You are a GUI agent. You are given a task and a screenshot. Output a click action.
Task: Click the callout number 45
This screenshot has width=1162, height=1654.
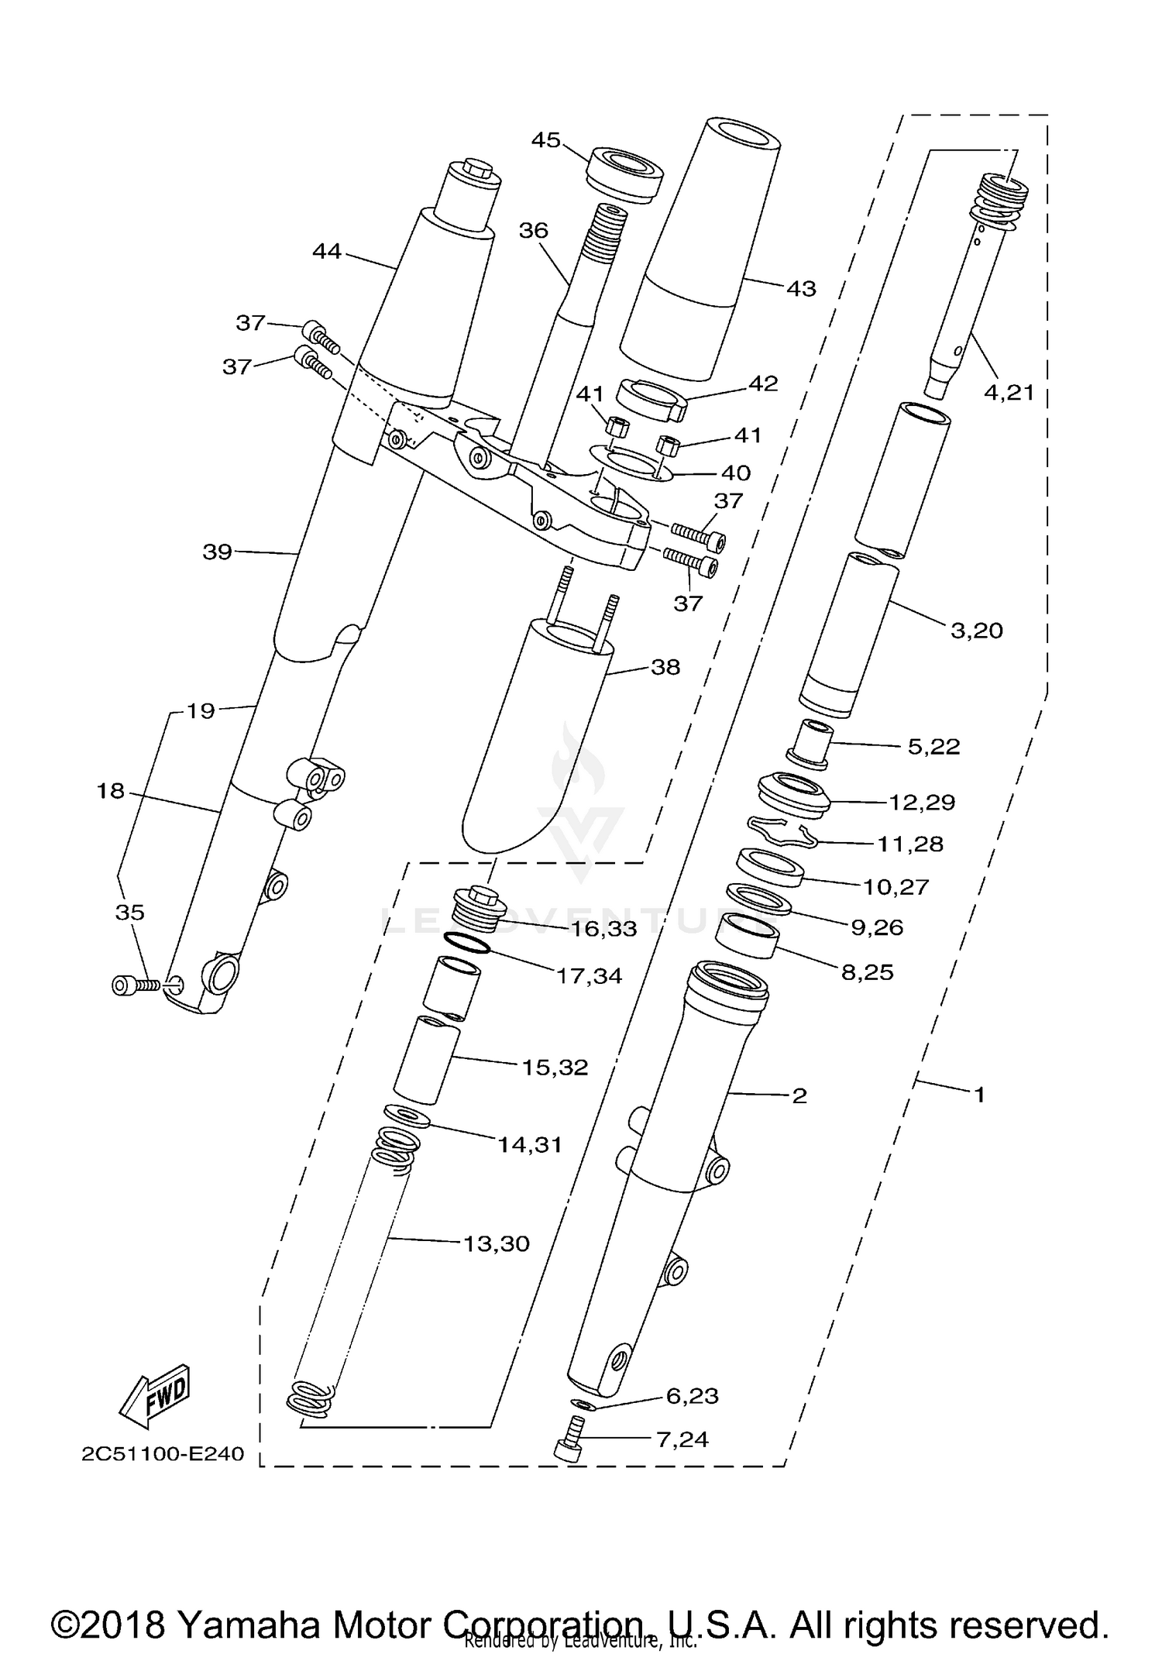(x=546, y=140)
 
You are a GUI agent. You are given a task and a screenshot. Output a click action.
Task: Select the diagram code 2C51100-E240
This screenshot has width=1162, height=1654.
(x=163, y=1453)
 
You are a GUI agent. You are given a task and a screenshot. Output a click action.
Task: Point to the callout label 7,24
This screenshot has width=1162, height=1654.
(x=682, y=1439)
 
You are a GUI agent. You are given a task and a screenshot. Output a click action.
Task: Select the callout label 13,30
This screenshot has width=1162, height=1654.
(x=496, y=1243)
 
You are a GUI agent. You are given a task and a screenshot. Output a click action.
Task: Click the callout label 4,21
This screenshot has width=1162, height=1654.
(x=1009, y=393)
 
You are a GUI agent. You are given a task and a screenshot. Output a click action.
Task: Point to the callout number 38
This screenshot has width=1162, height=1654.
(x=665, y=667)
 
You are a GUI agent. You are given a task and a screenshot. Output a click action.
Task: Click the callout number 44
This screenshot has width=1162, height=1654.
(x=327, y=251)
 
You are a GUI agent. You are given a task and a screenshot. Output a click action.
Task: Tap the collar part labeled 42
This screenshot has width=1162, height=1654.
(x=652, y=399)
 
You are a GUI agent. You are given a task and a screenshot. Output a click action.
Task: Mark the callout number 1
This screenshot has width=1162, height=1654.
(x=978, y=1095)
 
